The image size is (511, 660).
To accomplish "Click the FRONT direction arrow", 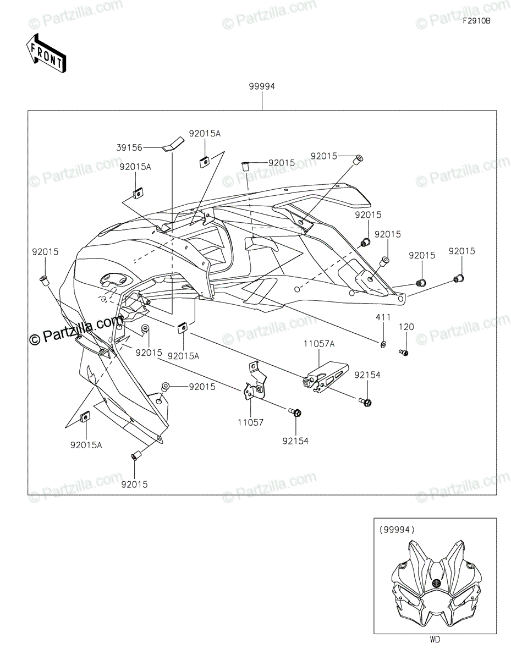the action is point(46,53).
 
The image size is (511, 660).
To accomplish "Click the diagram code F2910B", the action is point(476,21).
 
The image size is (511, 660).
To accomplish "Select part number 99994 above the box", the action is point(262,86).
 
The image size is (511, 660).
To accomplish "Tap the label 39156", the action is point(129,147).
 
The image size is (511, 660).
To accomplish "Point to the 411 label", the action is point(383,317).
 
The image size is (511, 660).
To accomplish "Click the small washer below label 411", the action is point(383,344).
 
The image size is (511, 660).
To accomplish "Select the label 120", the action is point(406,327).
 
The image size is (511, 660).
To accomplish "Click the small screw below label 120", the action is point(404,353).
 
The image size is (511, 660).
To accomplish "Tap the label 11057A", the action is point(319,344).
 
